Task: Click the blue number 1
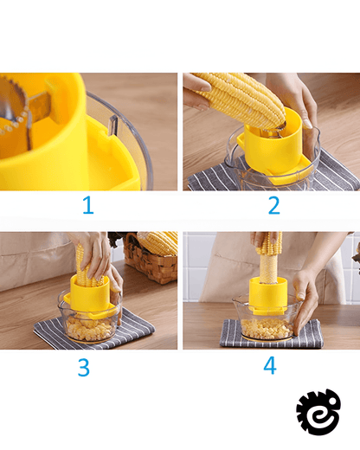click(x=88, y=205)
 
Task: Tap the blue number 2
click(x=274, y=205)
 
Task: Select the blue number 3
click(x=84, y=367)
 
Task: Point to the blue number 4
click(x=270, y=365)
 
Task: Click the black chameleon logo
click(x=318, y=412)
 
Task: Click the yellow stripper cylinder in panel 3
click(x=90, y=293)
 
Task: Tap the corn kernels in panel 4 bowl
click(x=267, y=328)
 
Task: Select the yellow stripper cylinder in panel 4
click(x=268, y=296)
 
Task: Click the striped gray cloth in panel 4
click(x=271, y=335)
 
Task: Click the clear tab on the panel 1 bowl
click(x=112, y=125)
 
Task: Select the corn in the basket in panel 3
click(x=158, y=241)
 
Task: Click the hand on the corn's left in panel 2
click(x=196, y=92)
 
